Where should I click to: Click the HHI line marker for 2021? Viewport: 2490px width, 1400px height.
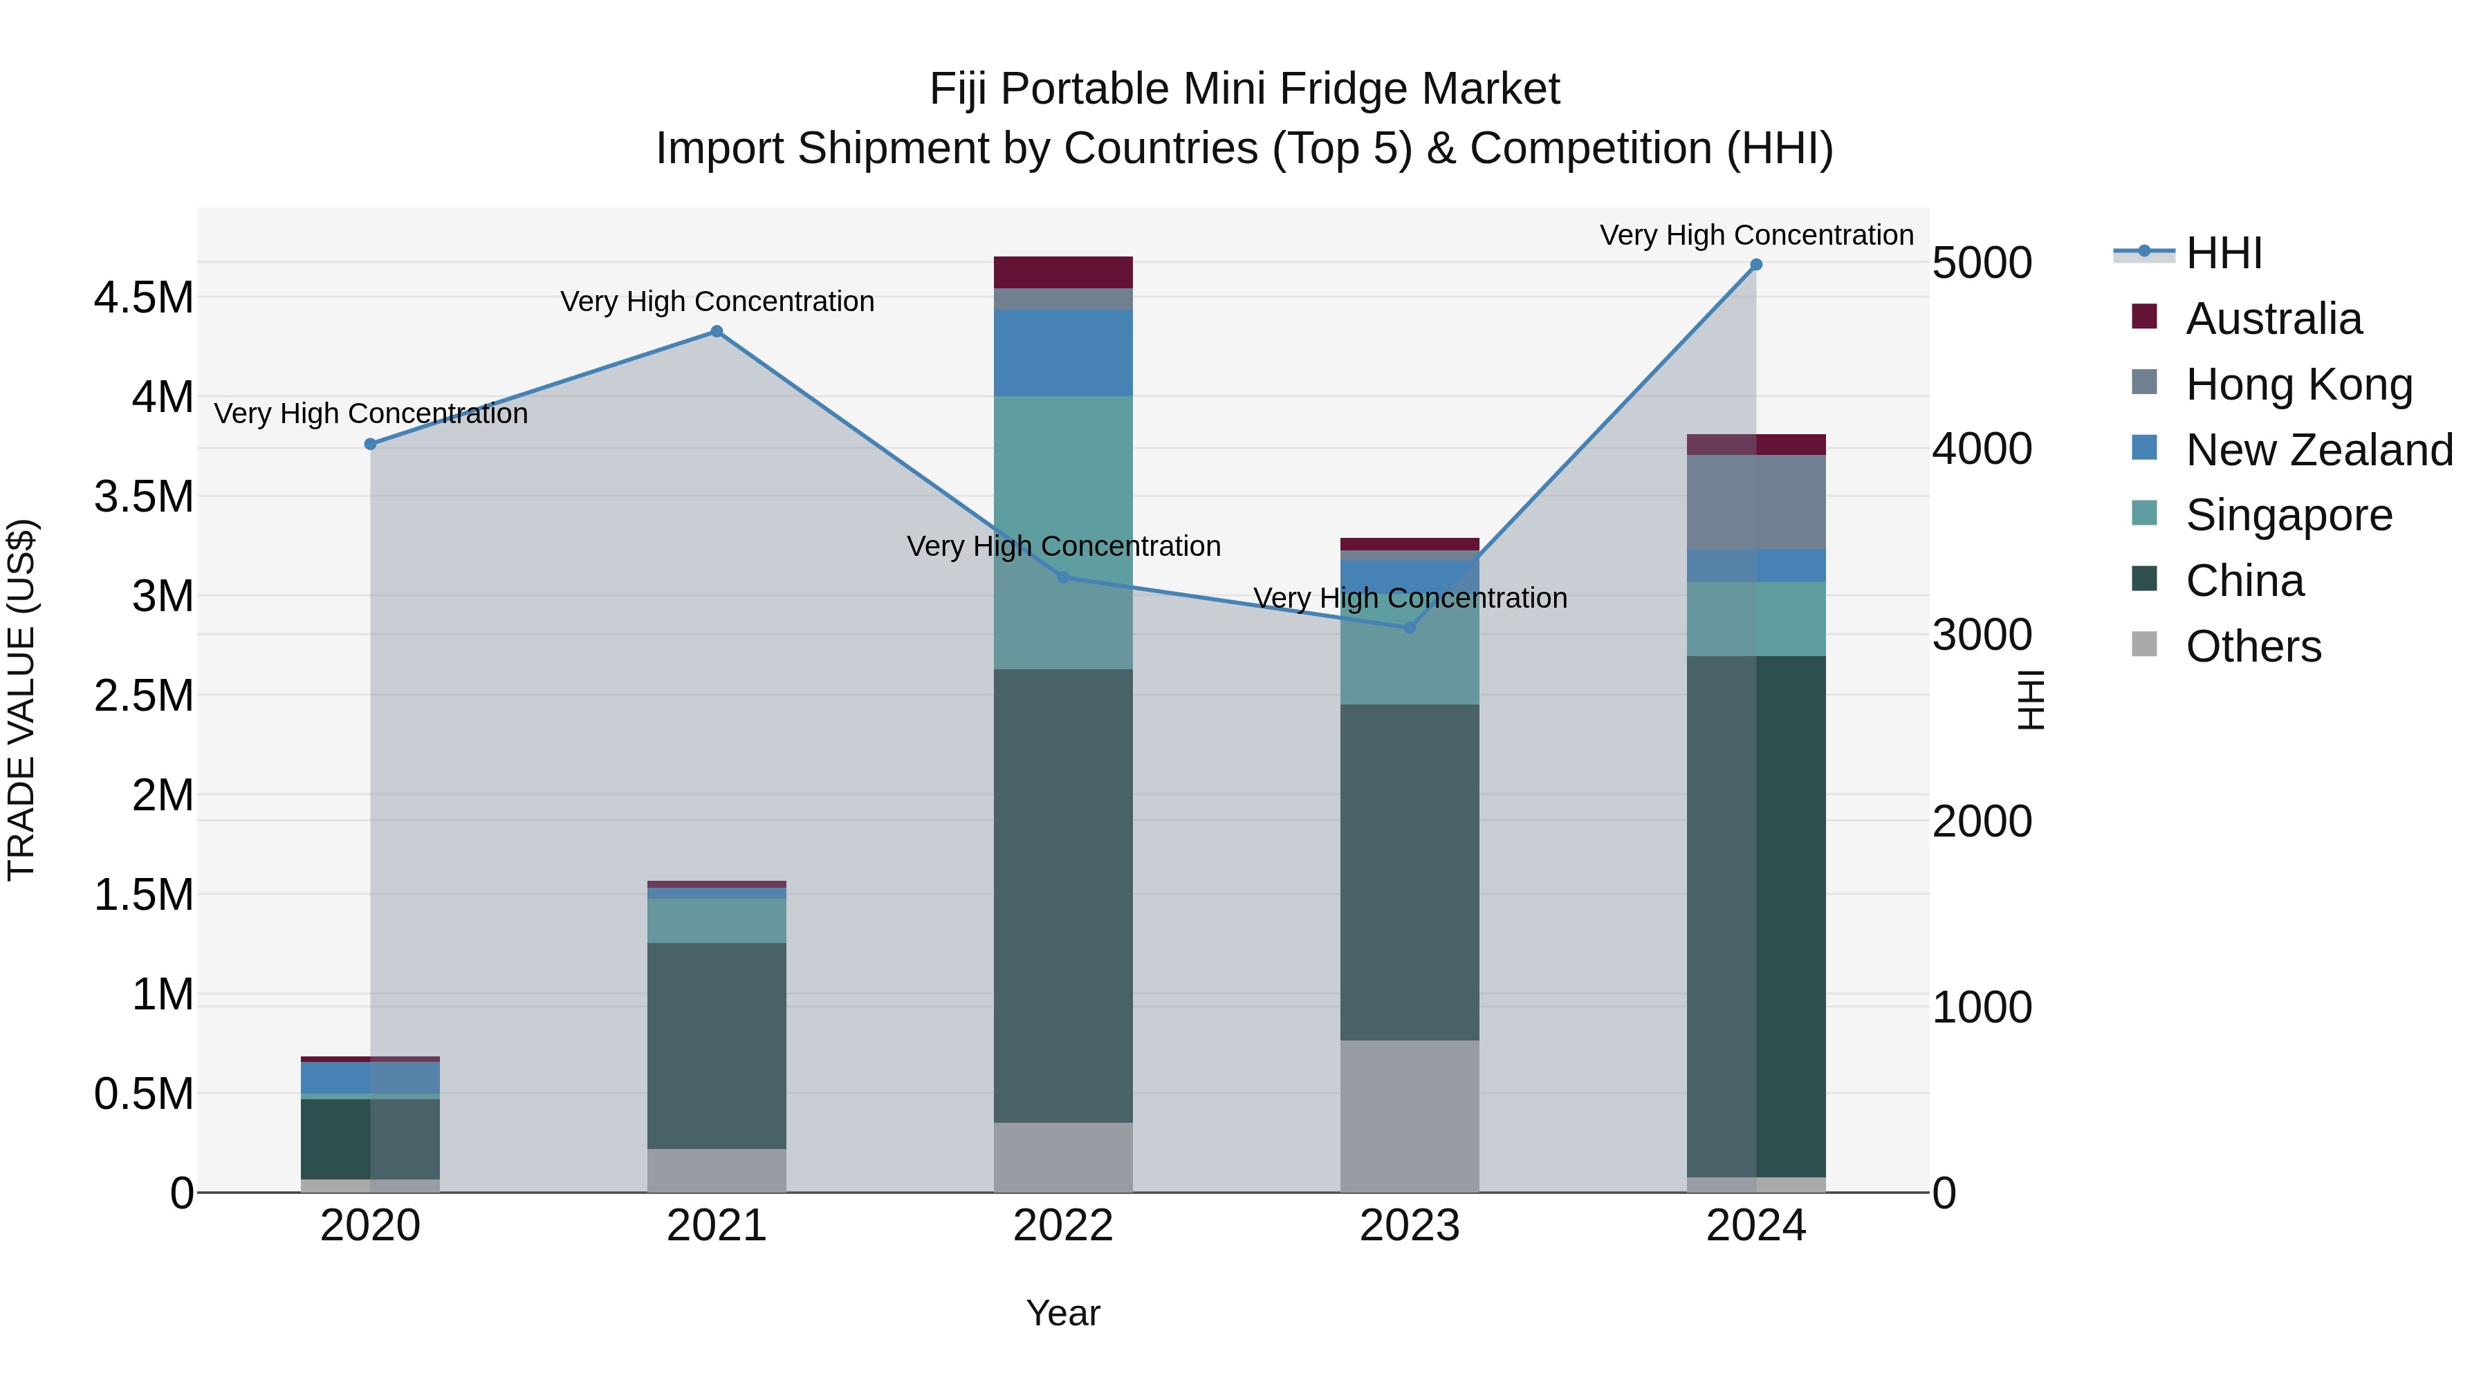click(x=717, y=331)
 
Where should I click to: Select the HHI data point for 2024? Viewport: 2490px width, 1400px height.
click(x=1756, y=265)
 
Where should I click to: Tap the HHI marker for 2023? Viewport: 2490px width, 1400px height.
click(x=1410, y=628)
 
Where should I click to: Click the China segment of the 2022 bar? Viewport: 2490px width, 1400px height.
click(x=1063, y=895)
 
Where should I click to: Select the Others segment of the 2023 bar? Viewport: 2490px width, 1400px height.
click(x=1410, y=1116)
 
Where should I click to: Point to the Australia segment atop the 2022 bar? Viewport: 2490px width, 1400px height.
click(x=1063, y=272)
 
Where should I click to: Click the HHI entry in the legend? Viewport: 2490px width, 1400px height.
click(x=2222, y=253)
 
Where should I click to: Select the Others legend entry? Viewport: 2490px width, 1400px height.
click(x=2252, y=646)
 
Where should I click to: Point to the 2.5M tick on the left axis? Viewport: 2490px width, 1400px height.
click(x=144, y=696)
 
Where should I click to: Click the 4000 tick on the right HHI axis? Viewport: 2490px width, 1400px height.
click(x=1982, y=449)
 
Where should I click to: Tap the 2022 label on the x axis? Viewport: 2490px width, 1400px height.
click(x=1063, y=1226)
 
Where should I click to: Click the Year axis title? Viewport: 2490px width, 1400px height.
click(x=1063, y=1313)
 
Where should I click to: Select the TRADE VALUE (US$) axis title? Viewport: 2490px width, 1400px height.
click(x=21, y=700)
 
